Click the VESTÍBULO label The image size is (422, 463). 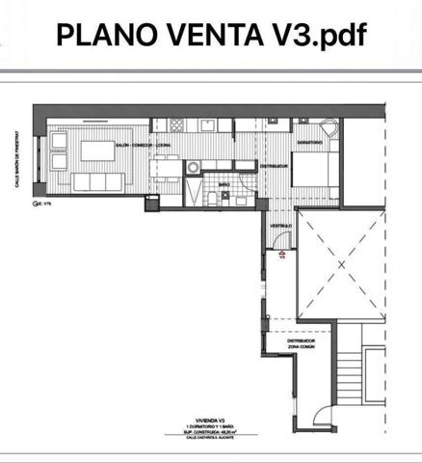click(x=280, y=225)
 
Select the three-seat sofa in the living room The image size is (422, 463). click(x=94, y=181)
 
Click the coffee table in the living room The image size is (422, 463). click(x=97, y=150)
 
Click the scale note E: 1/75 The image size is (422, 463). click(x=40, y=204)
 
